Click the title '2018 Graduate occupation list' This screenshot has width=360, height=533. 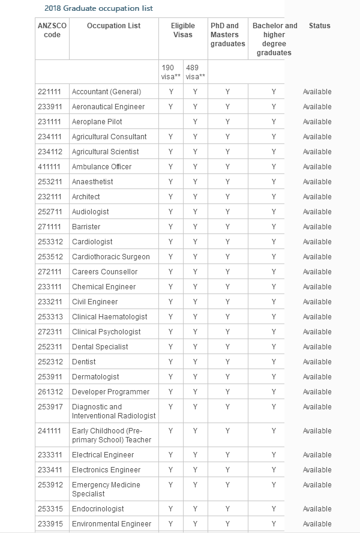pyautogui.click(x=98, y=8)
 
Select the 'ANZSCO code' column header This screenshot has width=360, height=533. pyautogui.click(x=52, y=30)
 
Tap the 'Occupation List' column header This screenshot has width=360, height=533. pyautogui.click(x=114, y=26)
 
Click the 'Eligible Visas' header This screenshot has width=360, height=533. pyautogui.click(x=183, y=30)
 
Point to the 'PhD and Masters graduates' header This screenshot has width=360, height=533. pyautogui.click(x=227, y=35)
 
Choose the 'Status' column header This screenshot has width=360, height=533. pyautogui.click(x=319, y=26)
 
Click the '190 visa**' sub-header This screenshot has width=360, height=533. pyautogui.click(x=171, y=72)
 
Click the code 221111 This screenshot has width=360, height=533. pyautogui.click(x=49, y=92)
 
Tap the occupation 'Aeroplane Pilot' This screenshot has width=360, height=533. pyautogui.click(x=97, y=122)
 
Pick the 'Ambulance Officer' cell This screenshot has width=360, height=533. pyautogui.click(x=101, y=167)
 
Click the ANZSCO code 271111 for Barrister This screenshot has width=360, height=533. pyautogui.click(x=49, y=227)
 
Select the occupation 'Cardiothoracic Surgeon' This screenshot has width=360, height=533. pyautogui.click(x=111, y=257)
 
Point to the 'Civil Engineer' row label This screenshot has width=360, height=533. pyautogui.click(x=95, y=302)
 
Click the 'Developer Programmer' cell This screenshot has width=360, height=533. pyautogui.click(x=111, y=392)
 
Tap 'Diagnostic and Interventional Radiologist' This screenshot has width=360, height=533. pyautogui.click(x=113, y=411)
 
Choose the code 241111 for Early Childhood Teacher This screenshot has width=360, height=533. pyautogui.click(x=49, y=431)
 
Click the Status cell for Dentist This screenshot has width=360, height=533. pyautogui.click(x=317, y=362)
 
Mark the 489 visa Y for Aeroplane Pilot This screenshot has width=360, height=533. pyautogui.click(x=195, y=122)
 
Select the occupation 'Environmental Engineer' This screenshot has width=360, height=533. pyautogui.click(x=112, y=524)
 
